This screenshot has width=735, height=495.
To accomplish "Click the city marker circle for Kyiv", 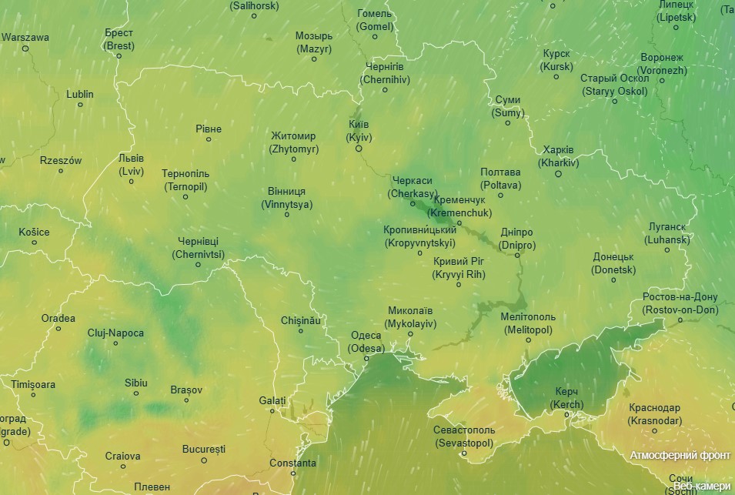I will pos(359,149).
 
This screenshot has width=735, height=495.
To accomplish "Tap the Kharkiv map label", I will pos(559,156).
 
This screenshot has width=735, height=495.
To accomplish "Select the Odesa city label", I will pos(366,341).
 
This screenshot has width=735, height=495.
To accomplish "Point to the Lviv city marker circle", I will pos(132,182).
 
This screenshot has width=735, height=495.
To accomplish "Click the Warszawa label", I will pos(25,37).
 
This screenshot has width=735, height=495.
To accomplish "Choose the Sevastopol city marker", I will pos(464,453).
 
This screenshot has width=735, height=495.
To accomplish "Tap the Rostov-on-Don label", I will pos(680,303).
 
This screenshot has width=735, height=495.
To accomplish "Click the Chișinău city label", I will pos(300,319).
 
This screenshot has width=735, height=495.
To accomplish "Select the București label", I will pos(204,448).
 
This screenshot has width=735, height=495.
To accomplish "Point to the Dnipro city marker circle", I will pos(517,255).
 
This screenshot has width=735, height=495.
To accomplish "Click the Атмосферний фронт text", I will pos(680,455).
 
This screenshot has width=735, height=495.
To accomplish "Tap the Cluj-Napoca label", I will pos(115,333).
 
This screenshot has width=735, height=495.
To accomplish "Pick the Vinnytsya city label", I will pos(287,198).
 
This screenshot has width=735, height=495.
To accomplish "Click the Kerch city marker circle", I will pos(567,415).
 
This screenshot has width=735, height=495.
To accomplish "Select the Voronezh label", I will pos(662,64).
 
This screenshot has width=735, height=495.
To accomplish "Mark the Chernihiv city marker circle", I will pos(385,89).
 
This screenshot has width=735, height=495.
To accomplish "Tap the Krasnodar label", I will pos(654,414).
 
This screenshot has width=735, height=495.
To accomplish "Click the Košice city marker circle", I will pos(34,242).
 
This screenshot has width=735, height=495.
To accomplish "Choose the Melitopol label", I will pos(527,323).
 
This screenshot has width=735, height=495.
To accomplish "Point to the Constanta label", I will pos(292,463).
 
